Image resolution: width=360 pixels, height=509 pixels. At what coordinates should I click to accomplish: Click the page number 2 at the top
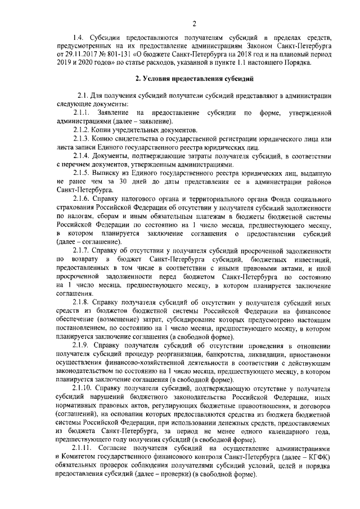pyautogui.click(x=193, y=24)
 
